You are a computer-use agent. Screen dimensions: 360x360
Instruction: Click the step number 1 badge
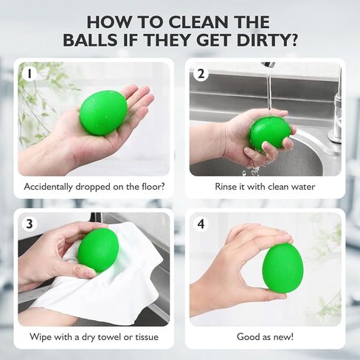coord(30,74)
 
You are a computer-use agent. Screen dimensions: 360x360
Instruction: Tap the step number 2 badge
coord(201,74)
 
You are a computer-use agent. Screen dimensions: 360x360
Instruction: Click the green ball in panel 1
coord(103,112)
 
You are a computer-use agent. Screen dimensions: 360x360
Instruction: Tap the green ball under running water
coord(269,134)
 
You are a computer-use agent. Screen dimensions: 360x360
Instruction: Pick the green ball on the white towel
coord(98,250)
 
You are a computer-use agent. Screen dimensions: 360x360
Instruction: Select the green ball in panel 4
coord(283,267)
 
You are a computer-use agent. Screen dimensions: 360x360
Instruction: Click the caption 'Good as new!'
coord(266,337)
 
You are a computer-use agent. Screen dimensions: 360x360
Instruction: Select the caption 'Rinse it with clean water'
coord(266,187)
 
